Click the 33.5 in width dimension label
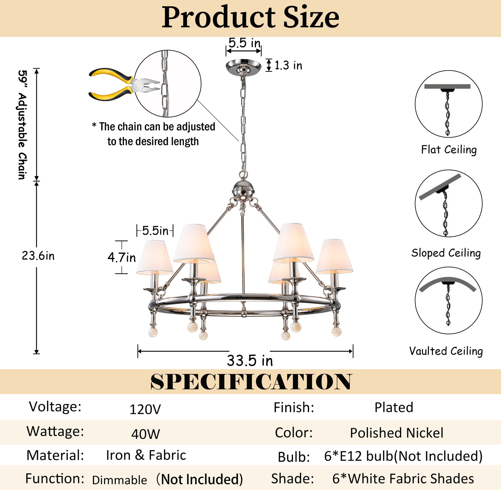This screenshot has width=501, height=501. click(250, 361)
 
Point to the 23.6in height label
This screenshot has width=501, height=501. click(38, 256)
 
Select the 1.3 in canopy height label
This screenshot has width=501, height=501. click(288, 65)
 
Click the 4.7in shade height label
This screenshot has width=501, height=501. click(122, 257)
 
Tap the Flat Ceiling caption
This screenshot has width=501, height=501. click(449, 150)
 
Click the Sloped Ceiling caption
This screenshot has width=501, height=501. click(446, 253)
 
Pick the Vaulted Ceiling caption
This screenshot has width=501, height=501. click(446, 351)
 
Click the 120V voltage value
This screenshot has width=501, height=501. click(145, 409)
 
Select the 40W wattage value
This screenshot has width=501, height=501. click(146, 434)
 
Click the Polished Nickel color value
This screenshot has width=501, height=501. click(397, 433)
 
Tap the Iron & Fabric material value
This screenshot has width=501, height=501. click(146, 455)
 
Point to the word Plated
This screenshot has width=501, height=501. click(394, 407)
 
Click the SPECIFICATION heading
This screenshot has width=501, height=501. click(251, 382)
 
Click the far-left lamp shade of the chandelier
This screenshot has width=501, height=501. click(154, 257)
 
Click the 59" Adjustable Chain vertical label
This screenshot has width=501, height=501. click(22, 125)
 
